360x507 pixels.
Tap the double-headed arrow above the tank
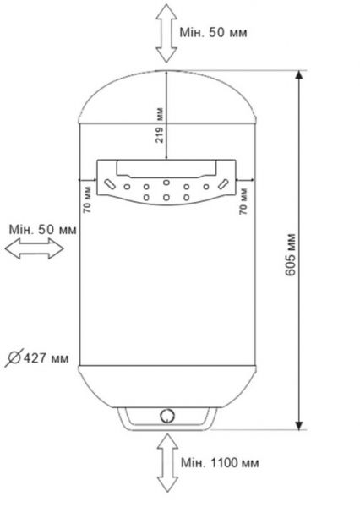coord(167,33)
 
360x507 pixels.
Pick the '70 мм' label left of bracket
coord(86,203)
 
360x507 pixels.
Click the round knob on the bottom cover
coord(167,416)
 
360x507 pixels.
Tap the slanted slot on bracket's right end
coord(223,183)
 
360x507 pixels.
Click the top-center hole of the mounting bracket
coord(166,183)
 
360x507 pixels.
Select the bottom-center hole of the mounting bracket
coord(166,198)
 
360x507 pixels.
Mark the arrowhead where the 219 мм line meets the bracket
coord(167,157)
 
